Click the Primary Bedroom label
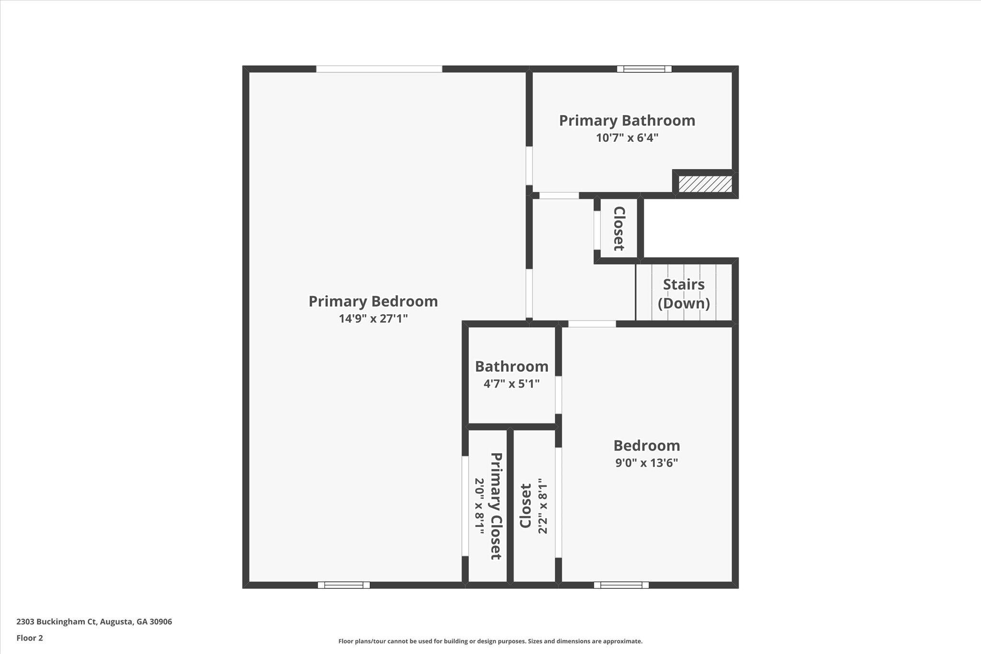373,301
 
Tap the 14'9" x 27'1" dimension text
373,319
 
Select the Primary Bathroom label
627,120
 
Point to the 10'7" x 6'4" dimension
627,138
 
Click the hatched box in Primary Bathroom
705,184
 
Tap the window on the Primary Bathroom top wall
644,69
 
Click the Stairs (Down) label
684,294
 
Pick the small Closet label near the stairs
619,229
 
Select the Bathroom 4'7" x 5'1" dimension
512,384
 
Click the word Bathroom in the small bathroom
512,367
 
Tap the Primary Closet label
496,506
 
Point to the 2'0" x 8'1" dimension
479,506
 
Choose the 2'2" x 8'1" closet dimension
542,506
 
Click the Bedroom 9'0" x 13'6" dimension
647,463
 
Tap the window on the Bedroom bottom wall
621,585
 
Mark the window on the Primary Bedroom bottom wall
344,585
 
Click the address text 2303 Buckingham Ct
57,622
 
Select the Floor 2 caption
30,638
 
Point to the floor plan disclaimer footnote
490,641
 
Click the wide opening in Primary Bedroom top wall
379,69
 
